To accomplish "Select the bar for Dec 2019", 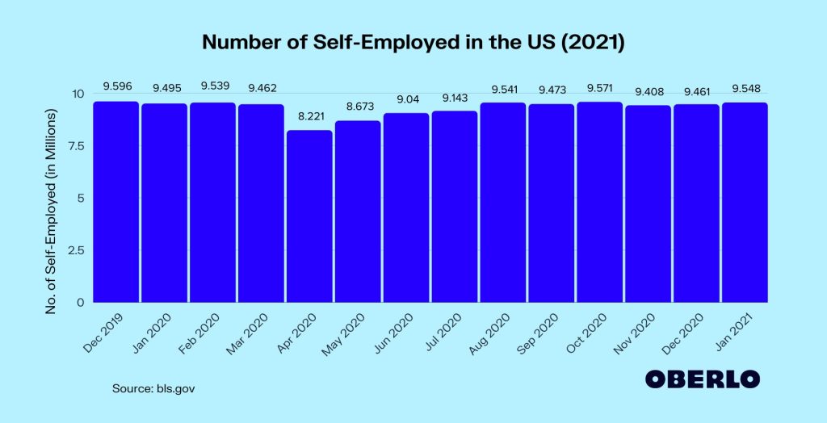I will click(115, 202).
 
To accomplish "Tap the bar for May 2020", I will click(358, 211).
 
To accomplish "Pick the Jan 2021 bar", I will click(745, 203).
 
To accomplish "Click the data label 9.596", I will click(115, 86).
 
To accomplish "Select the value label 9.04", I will click(406, 98).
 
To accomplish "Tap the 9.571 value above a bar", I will click(599, 86).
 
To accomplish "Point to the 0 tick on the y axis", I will click(81, 303).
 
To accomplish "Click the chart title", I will click(413, 43).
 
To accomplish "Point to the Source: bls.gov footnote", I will click(153, 388).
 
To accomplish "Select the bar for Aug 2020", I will click(502, 203).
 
